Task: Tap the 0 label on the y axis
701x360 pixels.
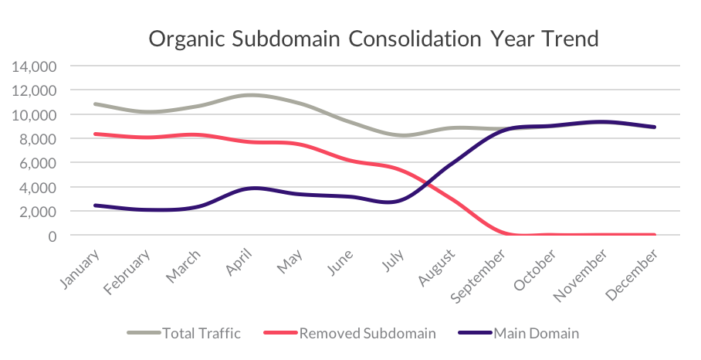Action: tap(52, 236)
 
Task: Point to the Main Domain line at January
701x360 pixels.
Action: tap(94, 205)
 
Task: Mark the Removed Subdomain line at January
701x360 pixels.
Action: tap(94, 134)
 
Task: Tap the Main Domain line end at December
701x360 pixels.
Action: tap(655, 127)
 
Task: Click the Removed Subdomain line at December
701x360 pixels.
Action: tap(655, 235)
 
